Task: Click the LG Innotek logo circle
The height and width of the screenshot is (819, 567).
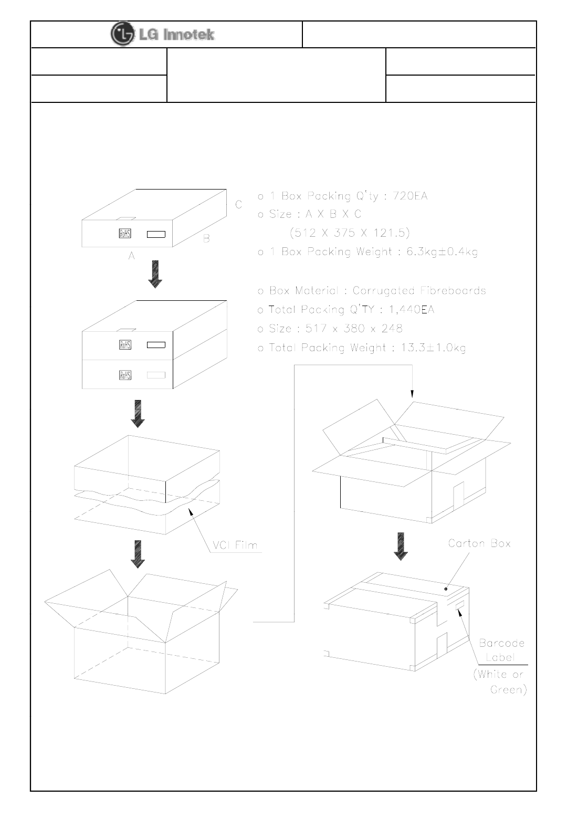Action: pyautogui.click(x=121, y=34)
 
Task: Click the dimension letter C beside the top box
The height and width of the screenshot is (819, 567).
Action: pyautogui.click(x=238, y=205)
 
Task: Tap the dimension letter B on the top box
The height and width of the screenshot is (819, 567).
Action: pyautogui.click(x=206, y=239)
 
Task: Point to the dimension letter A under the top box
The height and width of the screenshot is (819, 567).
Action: pyautogui.click(x=132, y=256)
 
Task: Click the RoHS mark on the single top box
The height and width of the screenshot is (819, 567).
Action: pyautogui.click(x=125, y=234)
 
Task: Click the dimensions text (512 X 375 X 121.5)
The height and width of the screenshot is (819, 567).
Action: pyautogui.click(x=350, y=233)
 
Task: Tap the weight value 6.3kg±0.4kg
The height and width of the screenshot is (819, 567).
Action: pyautogui.click(x=442, y=252)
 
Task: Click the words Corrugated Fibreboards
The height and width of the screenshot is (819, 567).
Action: pyautogui.click(x=419, y=291)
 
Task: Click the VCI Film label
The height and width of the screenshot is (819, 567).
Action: pyautogui.click(x=236, y=545)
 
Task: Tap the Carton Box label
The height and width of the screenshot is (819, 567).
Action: pyautogui.click(x=479, y=543)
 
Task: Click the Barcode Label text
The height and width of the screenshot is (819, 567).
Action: pyautogui.click(x=501, y=650)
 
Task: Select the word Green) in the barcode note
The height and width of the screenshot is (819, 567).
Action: pyautogui.click(x=508, y=689)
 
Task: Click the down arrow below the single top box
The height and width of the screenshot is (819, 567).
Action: pyautogui.click(x=155, y=276)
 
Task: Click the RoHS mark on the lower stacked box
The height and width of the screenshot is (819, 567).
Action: pyautogui.click(x=125, y=375)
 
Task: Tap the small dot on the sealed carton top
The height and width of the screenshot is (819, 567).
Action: pyautogui.click(x=446, y=589)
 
